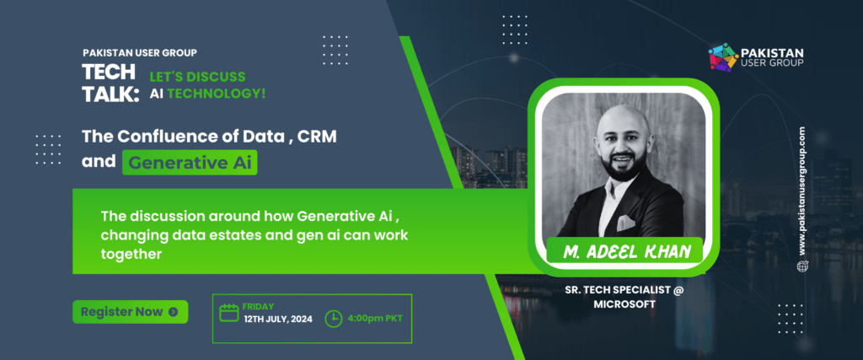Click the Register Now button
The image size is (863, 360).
coord(130,312)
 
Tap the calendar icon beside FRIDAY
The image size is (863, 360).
coord(229,312)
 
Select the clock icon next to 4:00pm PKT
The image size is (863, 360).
coord(333,318)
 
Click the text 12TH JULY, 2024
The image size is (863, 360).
coord(278,318)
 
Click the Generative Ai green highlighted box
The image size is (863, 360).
coord(190,163)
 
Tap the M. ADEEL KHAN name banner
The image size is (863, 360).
coord(625,252)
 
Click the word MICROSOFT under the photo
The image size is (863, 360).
coord(624,303)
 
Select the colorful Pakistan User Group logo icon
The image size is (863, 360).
coord(722,56)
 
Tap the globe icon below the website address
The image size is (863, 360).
coord(801,266)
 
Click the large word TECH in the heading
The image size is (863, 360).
coord(109,73)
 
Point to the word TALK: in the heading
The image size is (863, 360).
coord(110,94)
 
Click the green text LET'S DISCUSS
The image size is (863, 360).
coord(197,77)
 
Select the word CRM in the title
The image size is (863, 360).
coord(317,137)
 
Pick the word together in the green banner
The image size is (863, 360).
coord(131,255)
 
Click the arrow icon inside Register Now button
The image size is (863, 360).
coord(174,312)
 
